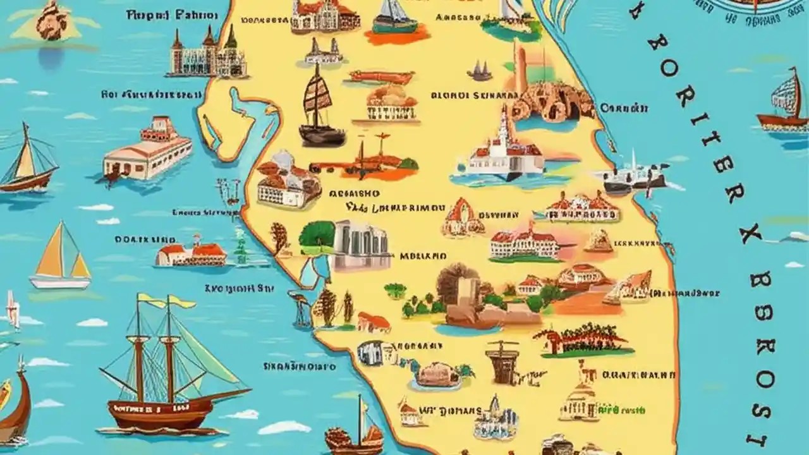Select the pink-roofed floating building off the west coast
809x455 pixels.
click(147, 149)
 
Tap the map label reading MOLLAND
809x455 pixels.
click(423, 257)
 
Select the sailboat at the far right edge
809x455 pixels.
click(784, 104)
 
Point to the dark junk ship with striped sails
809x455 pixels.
click(321, 107)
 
